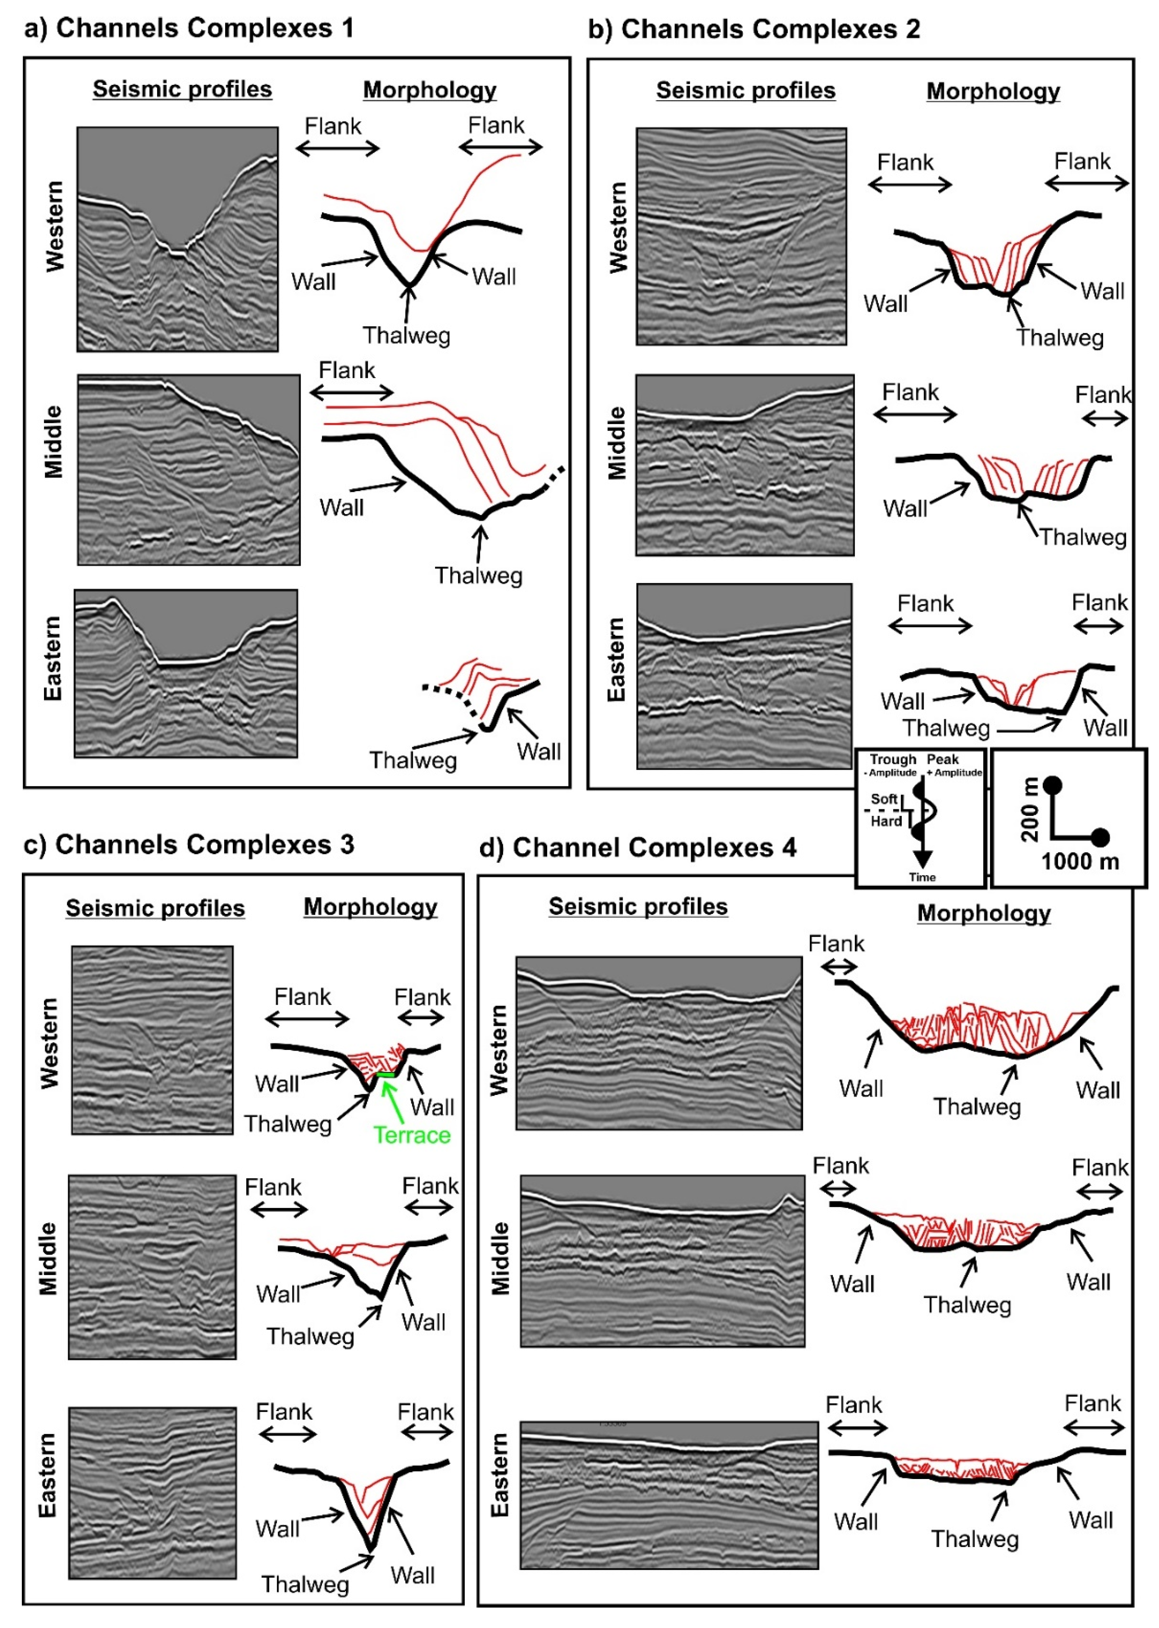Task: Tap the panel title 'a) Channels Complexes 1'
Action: (189, 29)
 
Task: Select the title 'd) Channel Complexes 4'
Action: (637, 847)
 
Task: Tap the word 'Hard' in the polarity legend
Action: (886, 822)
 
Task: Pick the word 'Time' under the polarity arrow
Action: (922, 877)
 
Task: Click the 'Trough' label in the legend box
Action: (892, 760)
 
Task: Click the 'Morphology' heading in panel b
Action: (993, 91)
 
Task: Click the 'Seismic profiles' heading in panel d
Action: (638, 906)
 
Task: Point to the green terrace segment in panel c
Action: (385, 1074)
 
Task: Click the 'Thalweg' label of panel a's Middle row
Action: (479, 575)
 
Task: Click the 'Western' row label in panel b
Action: (618, 227)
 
